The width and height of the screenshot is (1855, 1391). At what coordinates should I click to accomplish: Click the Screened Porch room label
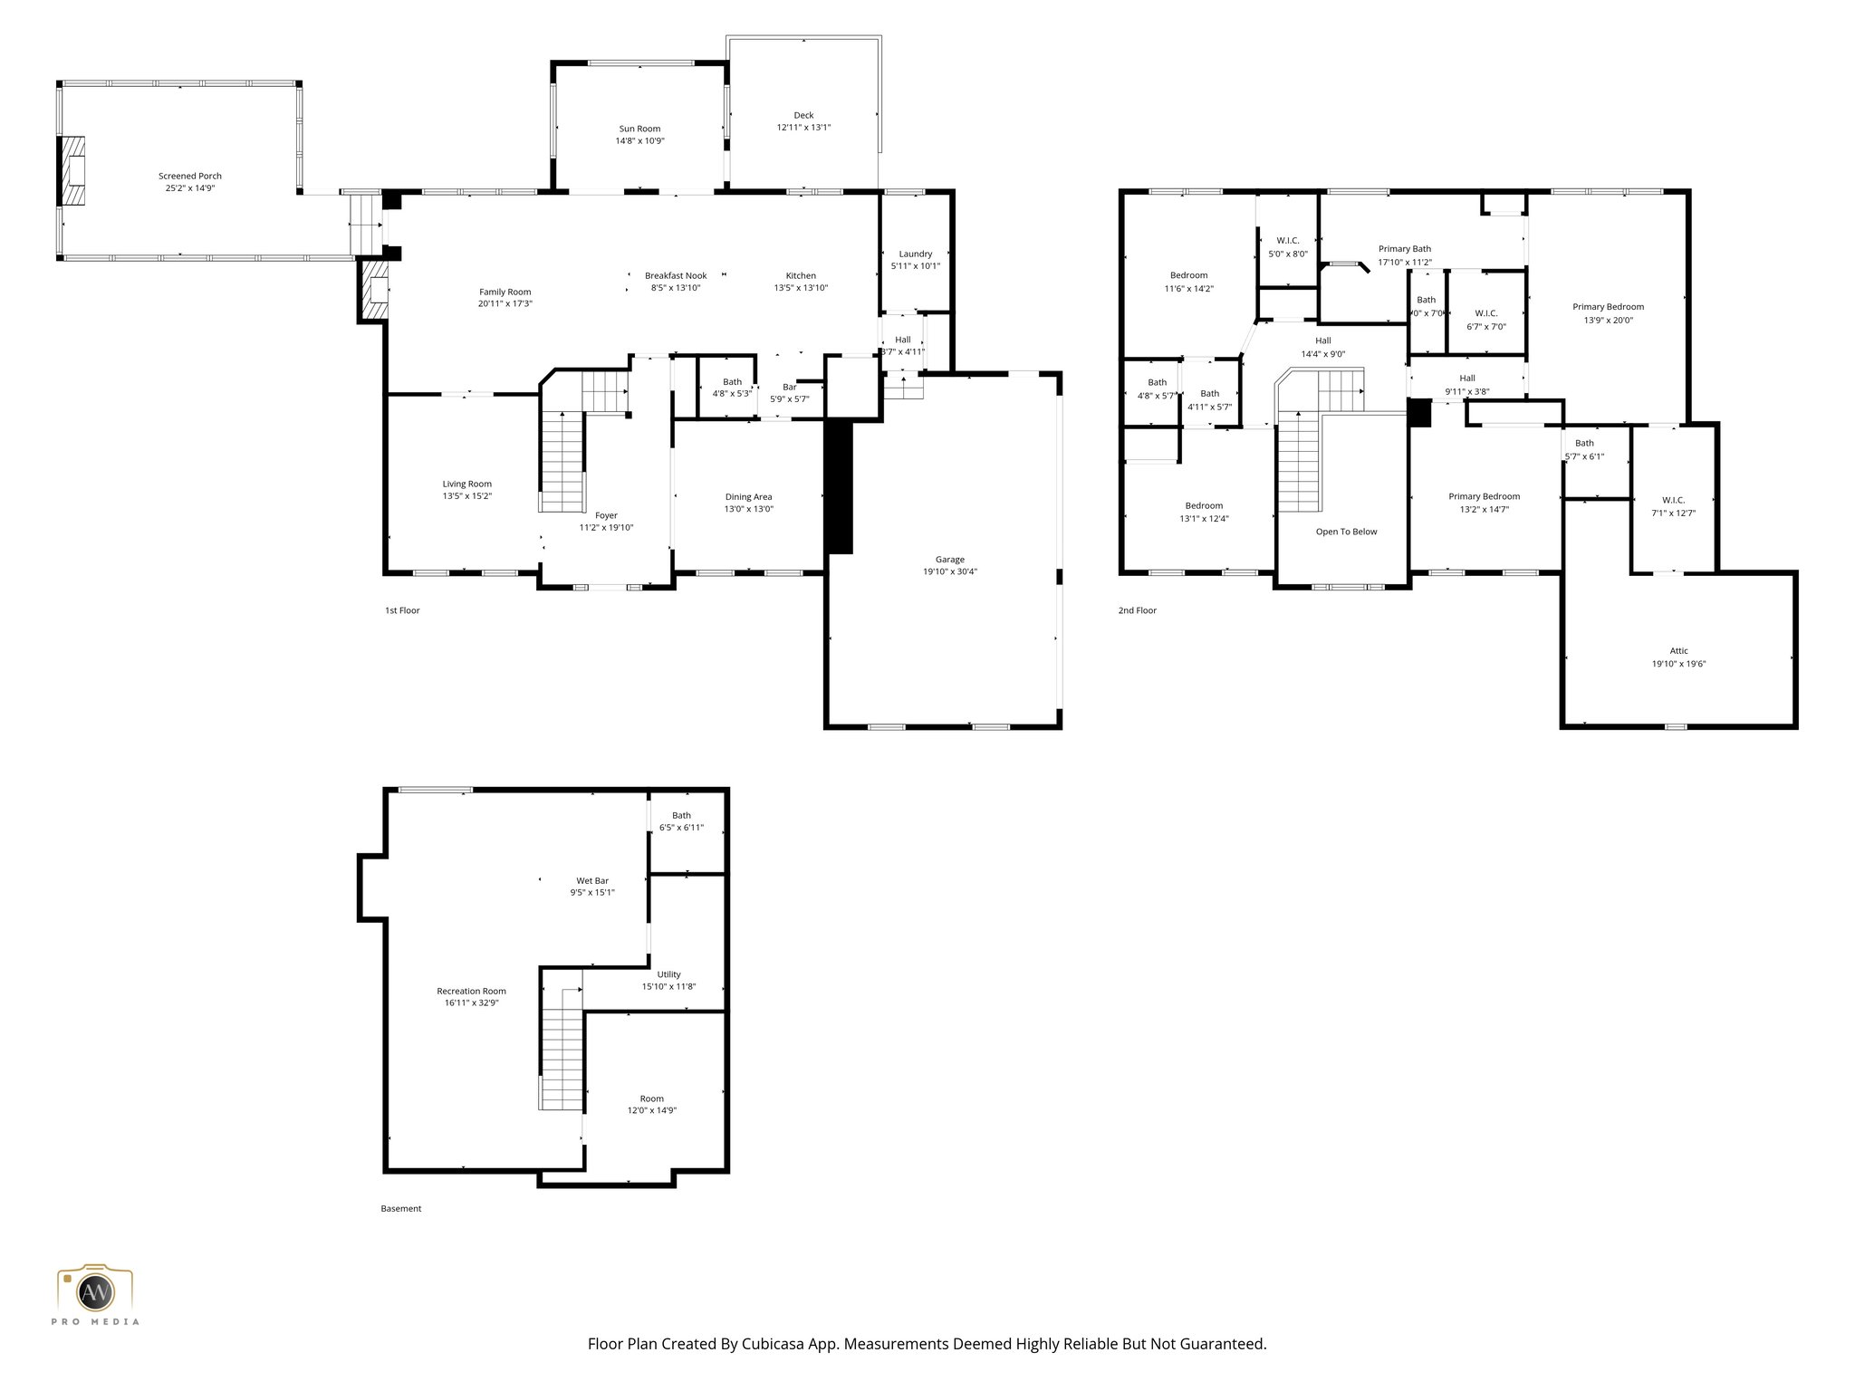(x=190, y=176)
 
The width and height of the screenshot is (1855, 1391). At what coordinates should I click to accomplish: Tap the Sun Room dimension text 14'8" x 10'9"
(x=639, y=141)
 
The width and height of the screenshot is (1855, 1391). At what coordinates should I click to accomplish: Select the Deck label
(x=803, y=115)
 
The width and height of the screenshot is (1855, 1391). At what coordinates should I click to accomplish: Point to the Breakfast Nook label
(x=676, y=275)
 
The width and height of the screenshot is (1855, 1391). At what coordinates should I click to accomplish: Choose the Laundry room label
(x=915, y=254)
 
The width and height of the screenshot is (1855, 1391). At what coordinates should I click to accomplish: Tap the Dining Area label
(x=748, y=496)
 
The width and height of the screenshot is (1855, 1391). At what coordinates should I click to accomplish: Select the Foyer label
(x=606, y=515)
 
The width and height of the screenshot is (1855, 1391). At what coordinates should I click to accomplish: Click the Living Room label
(x=466, y=484)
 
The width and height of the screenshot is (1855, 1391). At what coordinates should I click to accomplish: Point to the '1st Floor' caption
(x=402, y=610)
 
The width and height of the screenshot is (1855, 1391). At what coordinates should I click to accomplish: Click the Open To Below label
(x=1346, y=532)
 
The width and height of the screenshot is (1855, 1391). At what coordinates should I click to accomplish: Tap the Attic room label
(x=1678, y=650)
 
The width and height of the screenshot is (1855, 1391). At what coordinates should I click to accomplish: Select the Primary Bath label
(x=1404, y=249)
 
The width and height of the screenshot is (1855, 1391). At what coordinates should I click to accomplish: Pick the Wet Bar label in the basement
(x=592, y=880)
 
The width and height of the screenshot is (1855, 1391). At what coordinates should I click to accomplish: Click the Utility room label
(x=668, y=974)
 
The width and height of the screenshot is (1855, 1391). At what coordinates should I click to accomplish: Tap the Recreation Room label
(x=471, y=991)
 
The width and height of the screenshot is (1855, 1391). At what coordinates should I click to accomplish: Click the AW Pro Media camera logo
(x=95, y=1291)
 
